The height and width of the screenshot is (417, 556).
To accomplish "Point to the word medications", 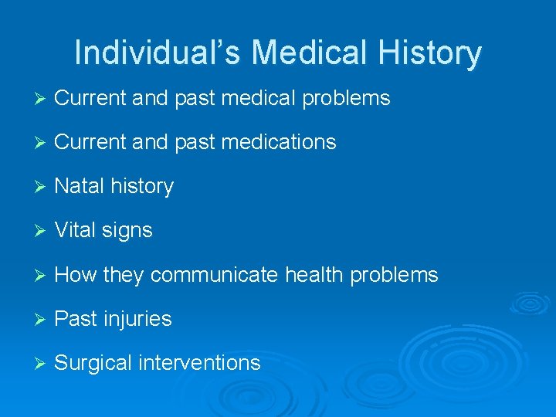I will click(x=283, y=142).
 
